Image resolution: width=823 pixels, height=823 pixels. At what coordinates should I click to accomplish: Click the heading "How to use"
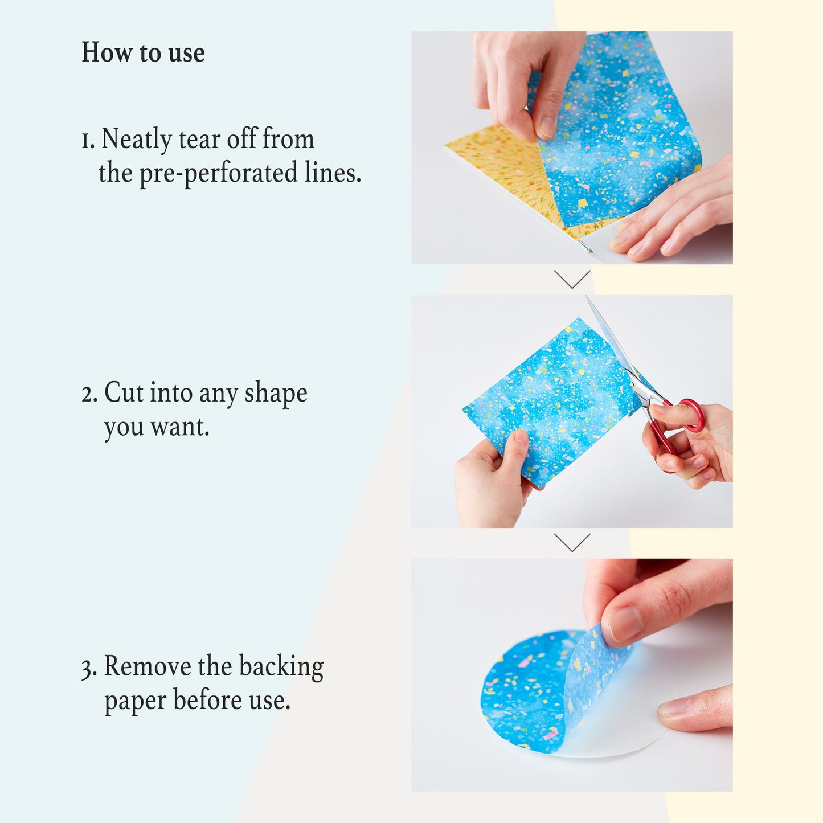coord(143,52)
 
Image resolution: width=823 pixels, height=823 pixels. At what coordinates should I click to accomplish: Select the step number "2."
coord(89,394)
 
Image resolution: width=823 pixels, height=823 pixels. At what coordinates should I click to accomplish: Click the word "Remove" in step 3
coord(148,667)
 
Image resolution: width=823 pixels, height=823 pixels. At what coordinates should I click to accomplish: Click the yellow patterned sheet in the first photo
coord(504,171)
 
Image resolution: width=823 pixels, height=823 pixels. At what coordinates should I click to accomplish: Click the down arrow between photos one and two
coord(572,280)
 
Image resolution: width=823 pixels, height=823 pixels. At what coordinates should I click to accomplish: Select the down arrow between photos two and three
coord(572,543)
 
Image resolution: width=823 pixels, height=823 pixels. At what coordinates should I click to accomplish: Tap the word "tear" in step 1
coord(199,140)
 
